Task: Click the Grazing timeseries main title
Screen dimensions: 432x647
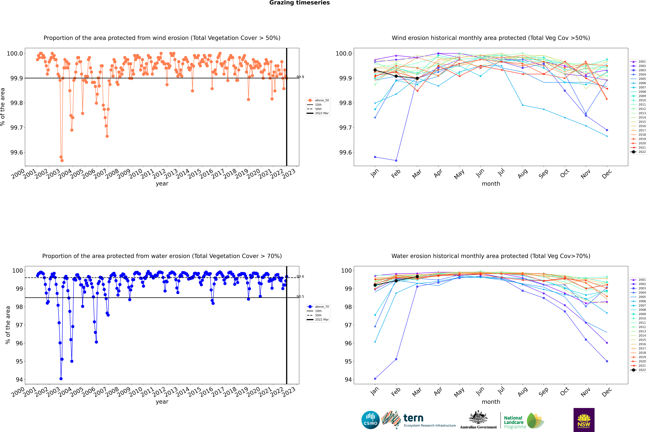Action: [300, 3]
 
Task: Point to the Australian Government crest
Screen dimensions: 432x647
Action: [478, 417]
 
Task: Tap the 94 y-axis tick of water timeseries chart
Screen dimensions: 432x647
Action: [19, 379]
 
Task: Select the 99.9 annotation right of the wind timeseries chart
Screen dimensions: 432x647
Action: [300, 77]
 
